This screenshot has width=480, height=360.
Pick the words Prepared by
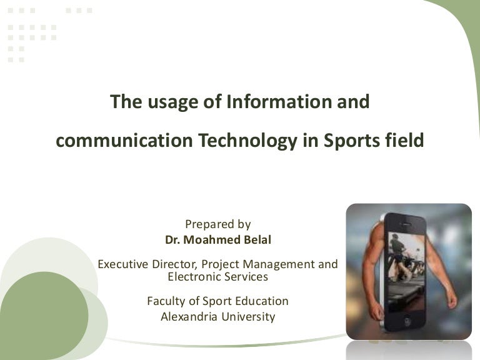point(217,224)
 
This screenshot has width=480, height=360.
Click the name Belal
point(254,239)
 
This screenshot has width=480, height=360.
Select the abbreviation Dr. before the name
point(172,239)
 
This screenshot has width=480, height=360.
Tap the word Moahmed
point(209,239)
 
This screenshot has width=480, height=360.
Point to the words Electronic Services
point(217,276)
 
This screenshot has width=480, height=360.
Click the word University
point(248,316)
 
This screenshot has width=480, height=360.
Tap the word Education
point(261,301)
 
